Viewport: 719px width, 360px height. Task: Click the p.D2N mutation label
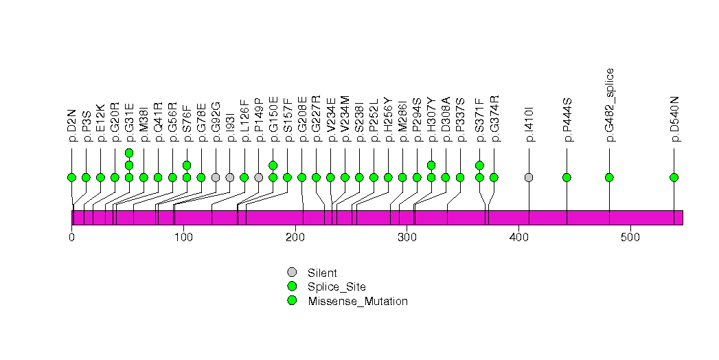click(x=71, y=128)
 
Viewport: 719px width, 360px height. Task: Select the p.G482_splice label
click(x=609, y=104)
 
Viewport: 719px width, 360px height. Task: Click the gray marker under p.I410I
click(x=529, y=177)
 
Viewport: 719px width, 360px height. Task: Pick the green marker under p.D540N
click(x=674, y=177)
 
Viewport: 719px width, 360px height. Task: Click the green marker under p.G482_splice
click(x=609, y=177)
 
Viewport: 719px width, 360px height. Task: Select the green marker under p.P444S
click(x=567, y=177)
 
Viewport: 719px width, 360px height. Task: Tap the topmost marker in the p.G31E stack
click(x=129, y=153)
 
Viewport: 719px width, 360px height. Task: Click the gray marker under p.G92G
click(x=216, y=177)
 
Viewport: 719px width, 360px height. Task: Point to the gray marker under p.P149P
click(x=258, y=177)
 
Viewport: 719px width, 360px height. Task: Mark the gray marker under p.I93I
click(x=230, y=177)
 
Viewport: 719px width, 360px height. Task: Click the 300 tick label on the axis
click(x=407, y=238)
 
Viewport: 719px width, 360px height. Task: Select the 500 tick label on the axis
click(x=630, y=238)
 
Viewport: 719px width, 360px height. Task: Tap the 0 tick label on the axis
click(x=72, y=238)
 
